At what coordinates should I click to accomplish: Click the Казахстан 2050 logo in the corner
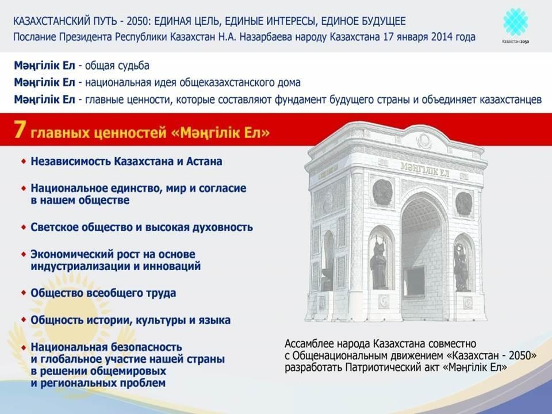tap(515, 26)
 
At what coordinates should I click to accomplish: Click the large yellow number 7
tap(20, 130)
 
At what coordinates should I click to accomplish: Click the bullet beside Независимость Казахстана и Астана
tap(24, 161)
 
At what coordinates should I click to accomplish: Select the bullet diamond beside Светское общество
tap(24, 227)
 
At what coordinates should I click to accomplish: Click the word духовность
tap(223, 227)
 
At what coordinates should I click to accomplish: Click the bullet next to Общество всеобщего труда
tap(24, 293)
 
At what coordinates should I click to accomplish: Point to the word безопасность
tap(146, 347)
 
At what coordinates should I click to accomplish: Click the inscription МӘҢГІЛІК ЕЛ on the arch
tap(425, 170)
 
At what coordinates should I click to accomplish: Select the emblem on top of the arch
tap(424, 141)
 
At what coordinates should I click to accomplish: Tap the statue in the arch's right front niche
tap(461, 267)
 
